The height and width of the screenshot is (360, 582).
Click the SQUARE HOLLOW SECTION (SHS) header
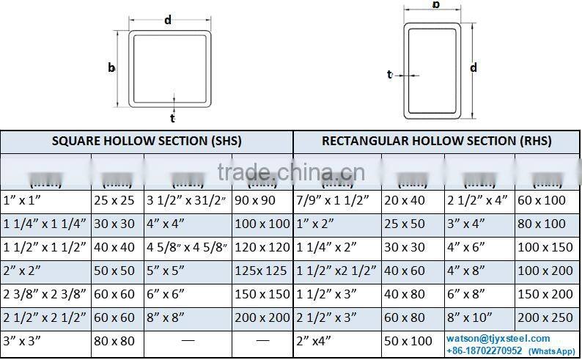pyautogui.click(x=147, y=141)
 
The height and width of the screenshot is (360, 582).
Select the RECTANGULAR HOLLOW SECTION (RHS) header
pyautogui.click(x=436, y=141)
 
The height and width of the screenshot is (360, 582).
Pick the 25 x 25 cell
pyautogui.click(x=114, y=200)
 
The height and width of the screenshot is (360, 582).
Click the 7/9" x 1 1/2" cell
pyautogui.click(x=334, y=200)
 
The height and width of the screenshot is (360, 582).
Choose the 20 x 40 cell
pyautogui.click(x=404, y=200)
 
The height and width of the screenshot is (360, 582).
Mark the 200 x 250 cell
pyautogui.click(x=545, y=317)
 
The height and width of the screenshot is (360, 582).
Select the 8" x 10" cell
pyautogui.click(x=471, y=317)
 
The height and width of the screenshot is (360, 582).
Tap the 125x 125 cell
pyautogui.click(x=262, y=271)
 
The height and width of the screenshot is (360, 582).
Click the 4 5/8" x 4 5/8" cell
pyautogui.click(x=187, y=247)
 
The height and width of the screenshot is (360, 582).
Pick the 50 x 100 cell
pyautogui.click(x=408, y=341)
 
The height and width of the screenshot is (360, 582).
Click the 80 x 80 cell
pyautogui.click(x=114, y=341)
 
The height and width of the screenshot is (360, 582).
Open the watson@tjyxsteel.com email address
pyautogui.click(x=498, y=338)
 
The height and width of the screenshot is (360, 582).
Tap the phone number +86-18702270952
pyautogui.click(x=485, y=350)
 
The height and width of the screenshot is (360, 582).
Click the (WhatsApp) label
pyautogui.click(x=552, y=351)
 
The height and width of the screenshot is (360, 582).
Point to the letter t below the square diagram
pyautogui.click(x=173, y=117)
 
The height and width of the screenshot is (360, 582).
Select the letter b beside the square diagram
pyautogui.click(x=111, y=67)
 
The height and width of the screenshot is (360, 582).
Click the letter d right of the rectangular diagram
pyautogui.click(x=474, y=67)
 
